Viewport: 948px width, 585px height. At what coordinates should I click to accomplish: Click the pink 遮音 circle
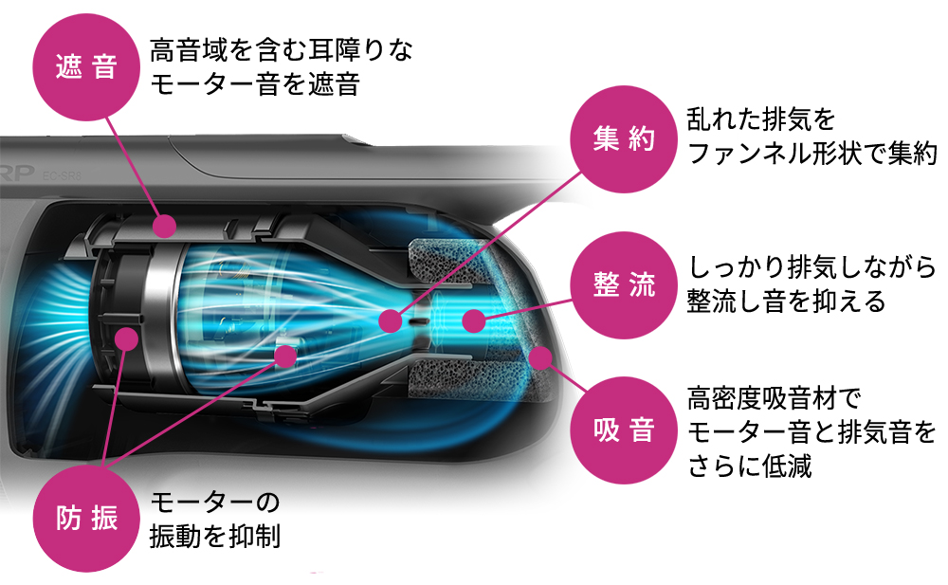click(x=86, y=68)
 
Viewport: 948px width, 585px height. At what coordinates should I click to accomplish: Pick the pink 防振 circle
click(x=86, y=518)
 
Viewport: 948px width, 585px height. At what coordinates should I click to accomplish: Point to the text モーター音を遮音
click(x=255, y=86)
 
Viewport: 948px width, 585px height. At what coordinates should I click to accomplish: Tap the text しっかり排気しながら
click(x=811, y=266)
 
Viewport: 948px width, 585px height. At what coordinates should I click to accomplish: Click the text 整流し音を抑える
click(x=786, y=302)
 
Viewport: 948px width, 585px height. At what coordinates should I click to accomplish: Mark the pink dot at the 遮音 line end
click(x=164, y=226)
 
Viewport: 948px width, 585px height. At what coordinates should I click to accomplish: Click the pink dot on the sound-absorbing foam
click(x=540, y=358)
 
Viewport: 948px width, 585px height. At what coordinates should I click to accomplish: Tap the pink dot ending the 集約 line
click(x=389, y=321)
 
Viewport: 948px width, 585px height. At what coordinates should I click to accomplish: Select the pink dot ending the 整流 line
click(x=472, y=320)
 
